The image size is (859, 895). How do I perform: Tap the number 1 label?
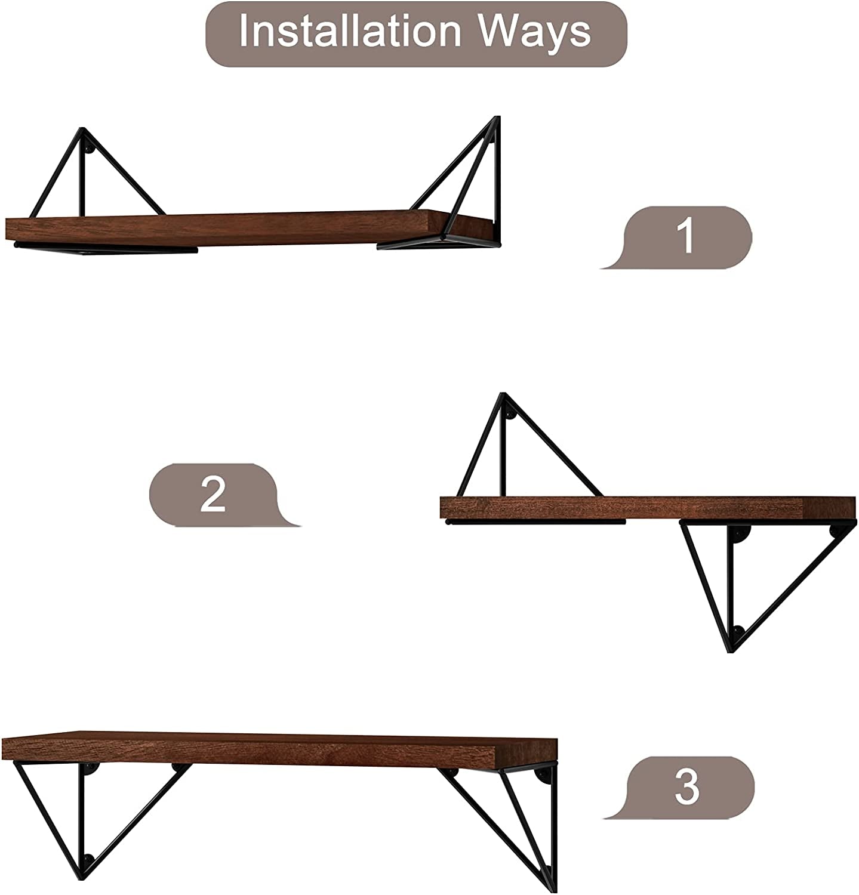pyautogui.click(x=688, y=236)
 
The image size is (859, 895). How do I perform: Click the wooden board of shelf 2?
pyautogui.click(x=648, y=507)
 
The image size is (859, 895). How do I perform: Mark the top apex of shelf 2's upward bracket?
pyautogui.click(x=503, y=394)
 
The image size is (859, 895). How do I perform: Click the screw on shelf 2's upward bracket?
pyautogui.click(x=510, y=413)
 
